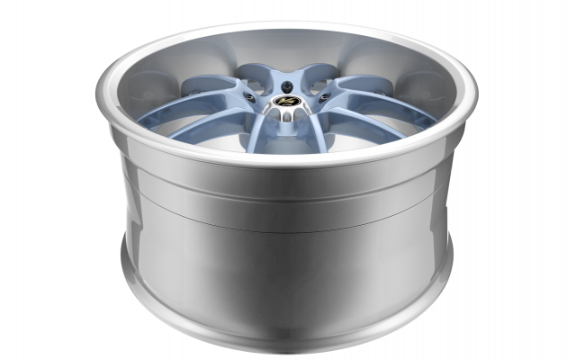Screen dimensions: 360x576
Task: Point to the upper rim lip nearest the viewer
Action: (288, 165)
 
